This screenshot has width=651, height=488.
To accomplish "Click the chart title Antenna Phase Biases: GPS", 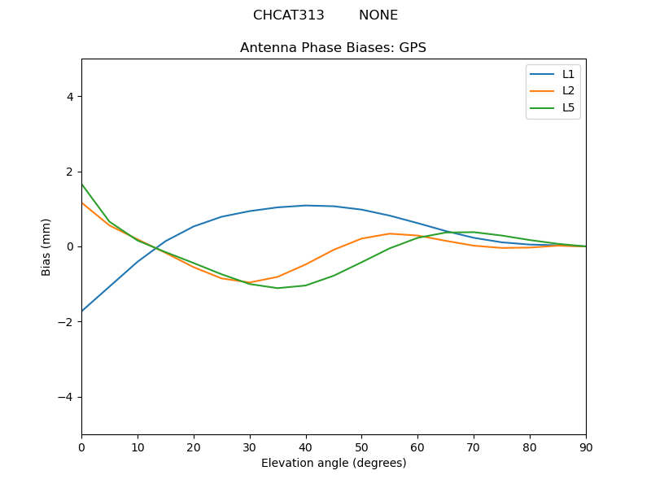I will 333,48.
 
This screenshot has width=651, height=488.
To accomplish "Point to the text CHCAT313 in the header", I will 288,15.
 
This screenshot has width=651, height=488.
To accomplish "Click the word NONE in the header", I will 378,15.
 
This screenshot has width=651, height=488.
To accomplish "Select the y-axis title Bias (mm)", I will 46,246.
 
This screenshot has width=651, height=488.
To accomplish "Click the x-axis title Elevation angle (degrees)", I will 334,463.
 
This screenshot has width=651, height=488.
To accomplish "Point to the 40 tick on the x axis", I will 306,447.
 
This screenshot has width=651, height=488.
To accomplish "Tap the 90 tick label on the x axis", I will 586,447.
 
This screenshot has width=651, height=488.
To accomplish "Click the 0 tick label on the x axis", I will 81,447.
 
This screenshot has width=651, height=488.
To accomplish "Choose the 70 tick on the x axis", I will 474,447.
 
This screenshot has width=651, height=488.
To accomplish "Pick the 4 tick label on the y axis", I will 69,97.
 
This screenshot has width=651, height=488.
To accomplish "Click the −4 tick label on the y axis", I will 66,397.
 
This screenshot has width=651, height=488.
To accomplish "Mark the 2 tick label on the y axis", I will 69,172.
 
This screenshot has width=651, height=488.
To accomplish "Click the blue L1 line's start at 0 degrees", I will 82,311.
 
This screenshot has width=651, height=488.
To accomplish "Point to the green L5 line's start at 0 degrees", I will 82,184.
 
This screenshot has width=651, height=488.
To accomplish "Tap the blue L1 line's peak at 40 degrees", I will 306,206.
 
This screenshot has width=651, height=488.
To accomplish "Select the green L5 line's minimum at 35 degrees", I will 277,288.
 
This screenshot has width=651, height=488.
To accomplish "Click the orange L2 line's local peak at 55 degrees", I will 390,233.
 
